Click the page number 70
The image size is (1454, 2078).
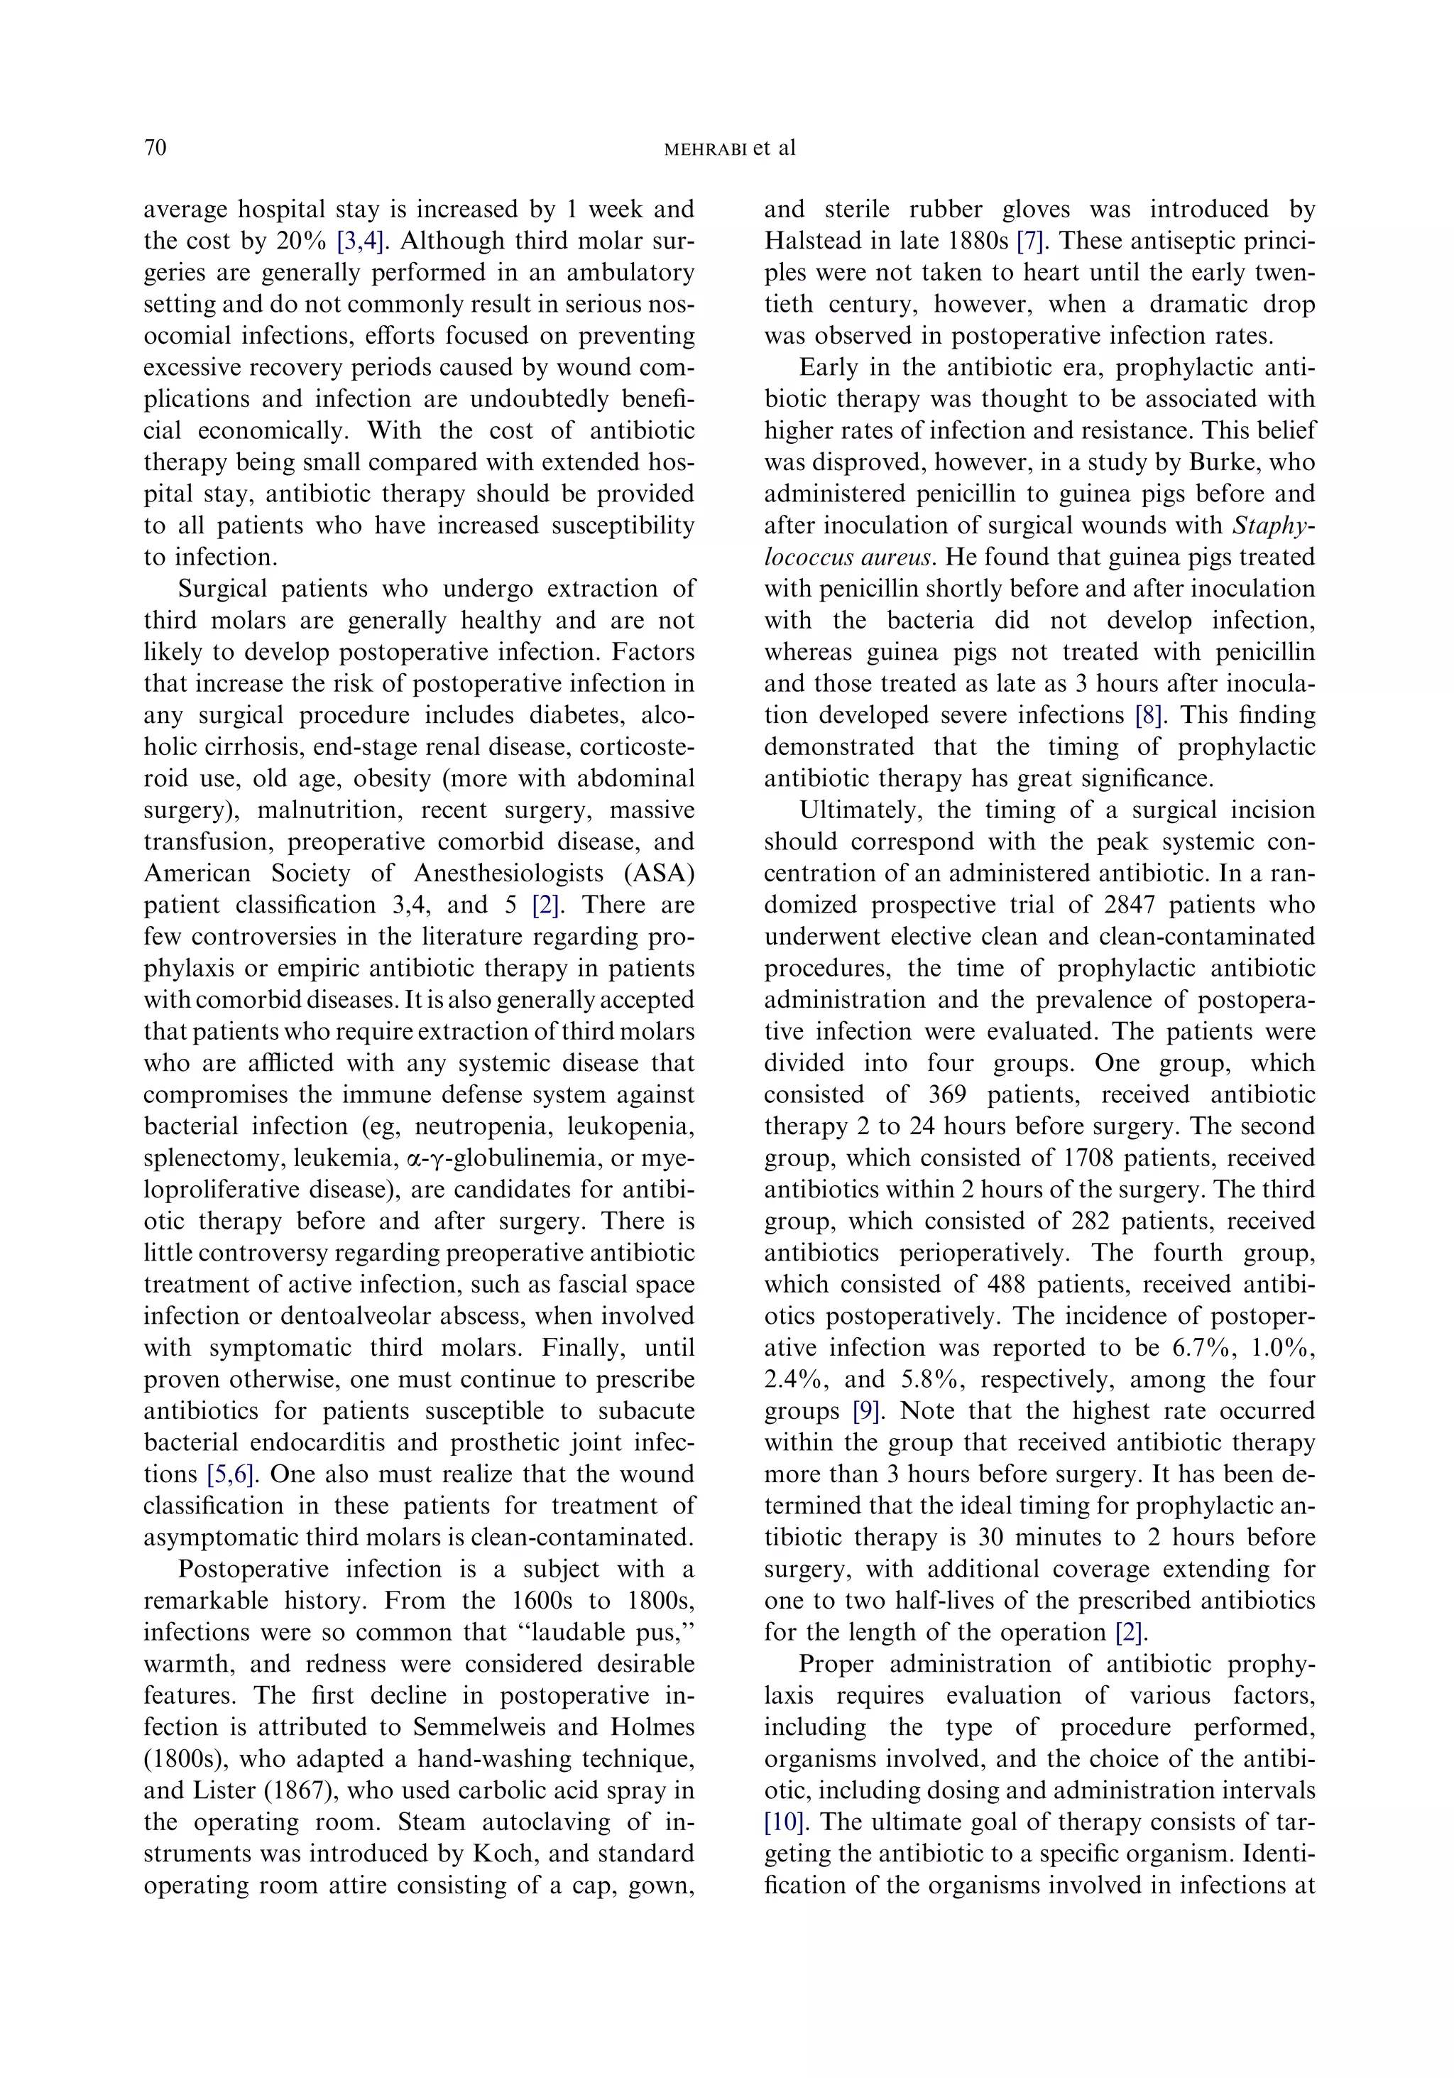tap(155, 148)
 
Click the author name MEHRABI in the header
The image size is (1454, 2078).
tap(705, 149)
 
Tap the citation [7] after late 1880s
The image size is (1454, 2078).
tap(1032, 241)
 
